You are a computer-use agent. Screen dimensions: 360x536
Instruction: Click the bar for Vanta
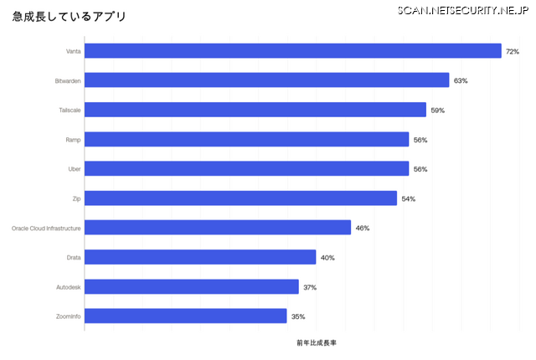[x=293, y=51]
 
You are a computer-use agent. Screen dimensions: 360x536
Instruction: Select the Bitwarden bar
[x=267, y=80]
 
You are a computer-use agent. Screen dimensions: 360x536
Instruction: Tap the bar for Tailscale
[x=255, y=110]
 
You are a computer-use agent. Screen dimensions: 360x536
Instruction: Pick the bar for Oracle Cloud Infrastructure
[x=218, y=228]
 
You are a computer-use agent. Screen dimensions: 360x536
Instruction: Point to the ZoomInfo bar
[x=186, y=316]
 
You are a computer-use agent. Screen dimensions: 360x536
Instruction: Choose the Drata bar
[x=200, y=257]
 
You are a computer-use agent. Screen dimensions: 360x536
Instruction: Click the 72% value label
[x=513, y=52]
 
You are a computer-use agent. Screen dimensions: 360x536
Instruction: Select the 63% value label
[x=461, y=81]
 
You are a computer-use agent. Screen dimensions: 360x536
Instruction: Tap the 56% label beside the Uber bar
[x=420, y=169]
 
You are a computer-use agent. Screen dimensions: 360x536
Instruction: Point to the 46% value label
[x=363, y=229]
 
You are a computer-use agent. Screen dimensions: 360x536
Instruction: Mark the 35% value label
[x=298, y=316]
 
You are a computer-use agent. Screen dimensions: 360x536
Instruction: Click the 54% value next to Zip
[x=409, y=199]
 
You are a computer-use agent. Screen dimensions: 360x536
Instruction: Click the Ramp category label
[x=73, y=140]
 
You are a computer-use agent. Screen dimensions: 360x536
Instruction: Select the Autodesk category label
[x=69, y=287]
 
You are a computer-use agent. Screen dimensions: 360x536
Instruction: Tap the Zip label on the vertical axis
[x=76, y=198]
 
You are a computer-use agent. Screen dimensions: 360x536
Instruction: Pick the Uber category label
[x=74, y=169]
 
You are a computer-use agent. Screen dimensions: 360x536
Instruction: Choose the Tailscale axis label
[x=70, y=111]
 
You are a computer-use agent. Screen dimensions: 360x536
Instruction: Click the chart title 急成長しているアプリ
[x=70, y=17]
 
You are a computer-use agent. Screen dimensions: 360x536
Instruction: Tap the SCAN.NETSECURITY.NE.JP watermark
[x=463, y=10]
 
